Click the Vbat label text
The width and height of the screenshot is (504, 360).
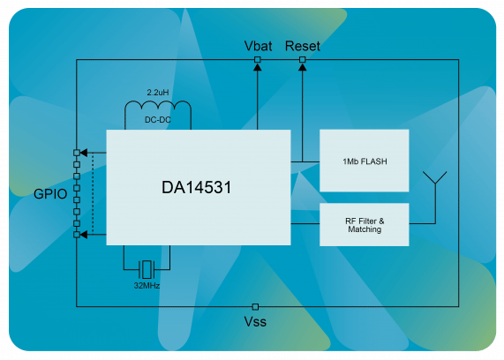click(x=258, y=46)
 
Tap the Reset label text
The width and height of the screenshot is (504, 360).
click(x=303, y=46)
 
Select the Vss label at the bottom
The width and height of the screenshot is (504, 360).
click(x=255, y=321)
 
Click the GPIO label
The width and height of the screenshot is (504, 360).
click(x=50, y=194)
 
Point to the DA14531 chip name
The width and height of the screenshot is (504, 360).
click(x=196, y=187)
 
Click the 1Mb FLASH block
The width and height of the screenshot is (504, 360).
click(x=365, y=161)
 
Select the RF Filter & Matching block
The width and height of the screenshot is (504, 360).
click(x=365, y=225)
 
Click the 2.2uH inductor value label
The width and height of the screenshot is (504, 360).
click(x=158, y=93)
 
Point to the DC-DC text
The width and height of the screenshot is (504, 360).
click(x=158, y=120)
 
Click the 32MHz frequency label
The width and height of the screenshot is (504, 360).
click(x=147, y=285)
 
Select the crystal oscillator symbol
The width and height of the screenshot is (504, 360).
click(x=147, y=269)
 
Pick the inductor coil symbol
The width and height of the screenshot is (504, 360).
click(x=158, y=106)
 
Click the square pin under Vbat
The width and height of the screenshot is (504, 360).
click(x=257, y=59)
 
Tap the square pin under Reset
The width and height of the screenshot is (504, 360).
click(x=302, y=59)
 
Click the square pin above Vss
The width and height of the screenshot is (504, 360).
click(x=255, y=307)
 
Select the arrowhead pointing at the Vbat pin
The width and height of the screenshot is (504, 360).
click(x=257, y=67)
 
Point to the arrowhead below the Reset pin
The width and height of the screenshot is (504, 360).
click(x=302, y=67)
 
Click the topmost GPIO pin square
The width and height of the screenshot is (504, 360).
click(x=77, y=153)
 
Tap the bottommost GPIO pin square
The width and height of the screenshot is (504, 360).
click(x=77, y=235)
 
